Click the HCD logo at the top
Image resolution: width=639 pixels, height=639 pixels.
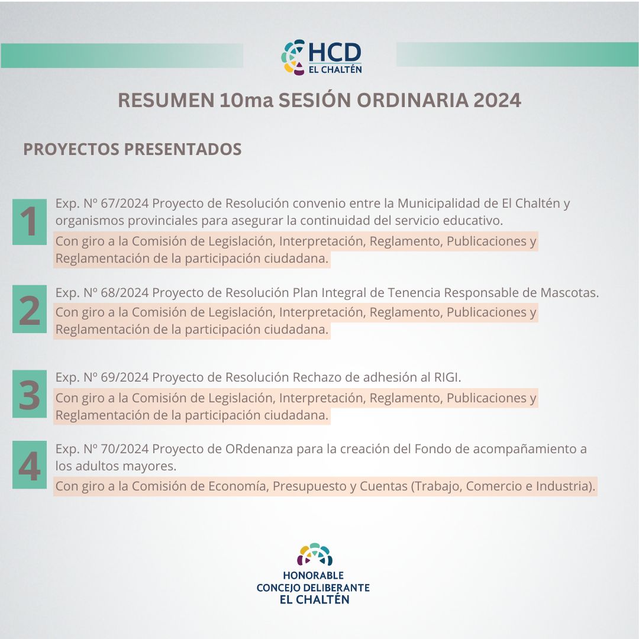(x=321, y=57)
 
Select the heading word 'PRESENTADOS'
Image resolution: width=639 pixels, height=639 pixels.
(x=183, y=149)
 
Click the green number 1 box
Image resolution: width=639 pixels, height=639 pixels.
(x=30, y=222)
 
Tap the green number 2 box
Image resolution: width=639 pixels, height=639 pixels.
(x=30, y=309)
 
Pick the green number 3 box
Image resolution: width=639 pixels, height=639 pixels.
(x=30, y=393)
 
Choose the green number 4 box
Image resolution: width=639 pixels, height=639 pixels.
(x=30, y=464)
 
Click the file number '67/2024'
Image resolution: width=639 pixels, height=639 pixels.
(x=125, y=203)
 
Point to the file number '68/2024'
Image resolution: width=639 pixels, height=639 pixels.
(x=125, y=293)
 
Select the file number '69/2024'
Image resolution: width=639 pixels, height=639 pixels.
(x=125, y=377)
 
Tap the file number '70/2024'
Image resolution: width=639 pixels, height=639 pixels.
(x=125, y=448)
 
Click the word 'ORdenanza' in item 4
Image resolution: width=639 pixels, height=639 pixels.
(x=259, y=448)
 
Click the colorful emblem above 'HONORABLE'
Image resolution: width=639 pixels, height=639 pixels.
(x=315, y=554)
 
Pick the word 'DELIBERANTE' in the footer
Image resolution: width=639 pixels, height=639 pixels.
(x=337, y=588)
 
